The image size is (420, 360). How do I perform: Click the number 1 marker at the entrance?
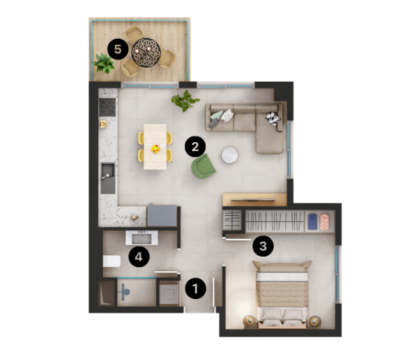(195, 288)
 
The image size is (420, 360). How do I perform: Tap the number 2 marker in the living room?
(195, 144)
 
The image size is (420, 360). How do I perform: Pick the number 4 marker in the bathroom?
(138, 256)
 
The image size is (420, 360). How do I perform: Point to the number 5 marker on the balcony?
(118, 49)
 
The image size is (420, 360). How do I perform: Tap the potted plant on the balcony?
(104, 64)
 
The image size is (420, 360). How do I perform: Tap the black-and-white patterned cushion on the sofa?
(272, 118)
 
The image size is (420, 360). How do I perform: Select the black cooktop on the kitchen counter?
(107, 106)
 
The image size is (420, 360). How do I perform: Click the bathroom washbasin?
(142, 238)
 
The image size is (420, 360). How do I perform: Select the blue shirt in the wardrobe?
(312, 220)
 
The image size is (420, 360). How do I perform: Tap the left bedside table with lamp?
(250, 322)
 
